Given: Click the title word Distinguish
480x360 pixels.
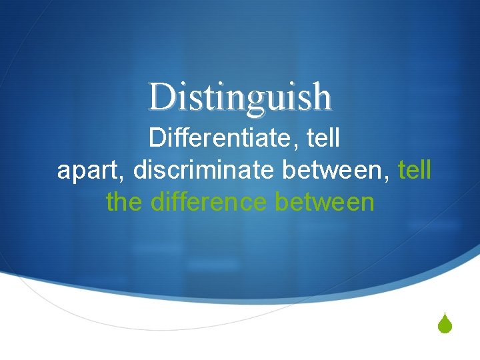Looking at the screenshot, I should pos(240,97).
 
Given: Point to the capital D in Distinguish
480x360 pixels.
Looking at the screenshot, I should pos(161,97).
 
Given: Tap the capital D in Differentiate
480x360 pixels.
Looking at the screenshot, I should pos(157,139).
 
